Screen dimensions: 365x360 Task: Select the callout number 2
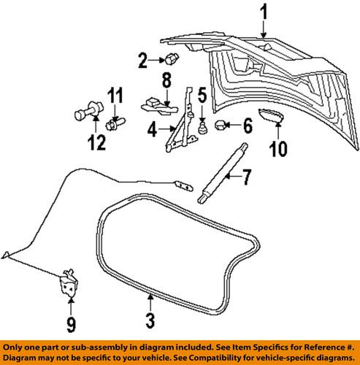(143, 59)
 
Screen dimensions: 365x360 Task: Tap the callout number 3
(150, 319)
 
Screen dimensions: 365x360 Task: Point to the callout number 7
(246, 177)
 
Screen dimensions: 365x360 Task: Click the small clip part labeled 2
(172, 58)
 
